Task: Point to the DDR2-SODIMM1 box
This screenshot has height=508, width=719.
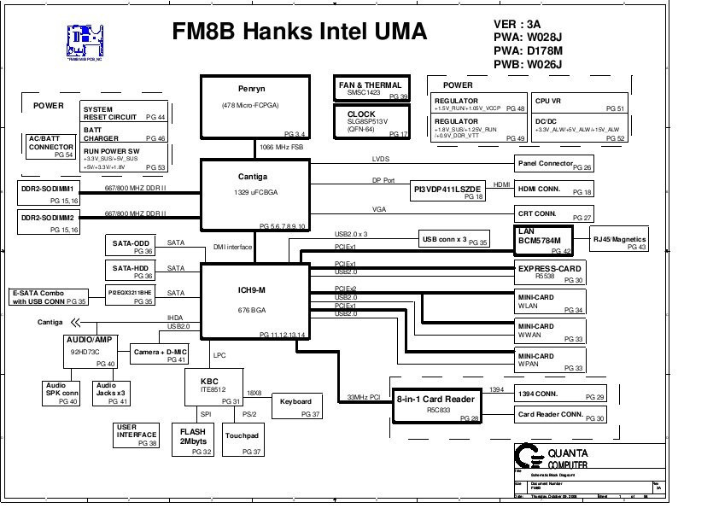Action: [49, 192]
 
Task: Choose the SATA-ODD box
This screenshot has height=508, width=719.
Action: [132, 246]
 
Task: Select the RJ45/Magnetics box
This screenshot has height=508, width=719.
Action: [620, 242]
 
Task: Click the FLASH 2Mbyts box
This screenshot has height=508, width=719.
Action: [193, 441]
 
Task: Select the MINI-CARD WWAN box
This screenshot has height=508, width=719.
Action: [551, 331]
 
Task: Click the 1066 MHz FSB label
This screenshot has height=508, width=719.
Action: [281, 147]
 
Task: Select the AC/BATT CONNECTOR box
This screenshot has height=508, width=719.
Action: [51, 147]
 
